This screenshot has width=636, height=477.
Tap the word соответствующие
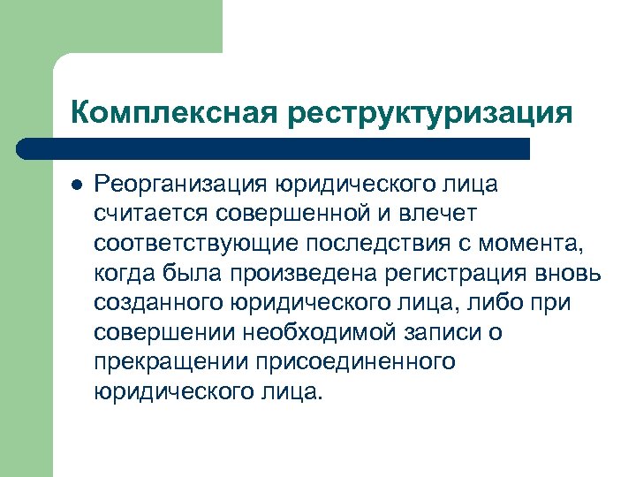point(188,244)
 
